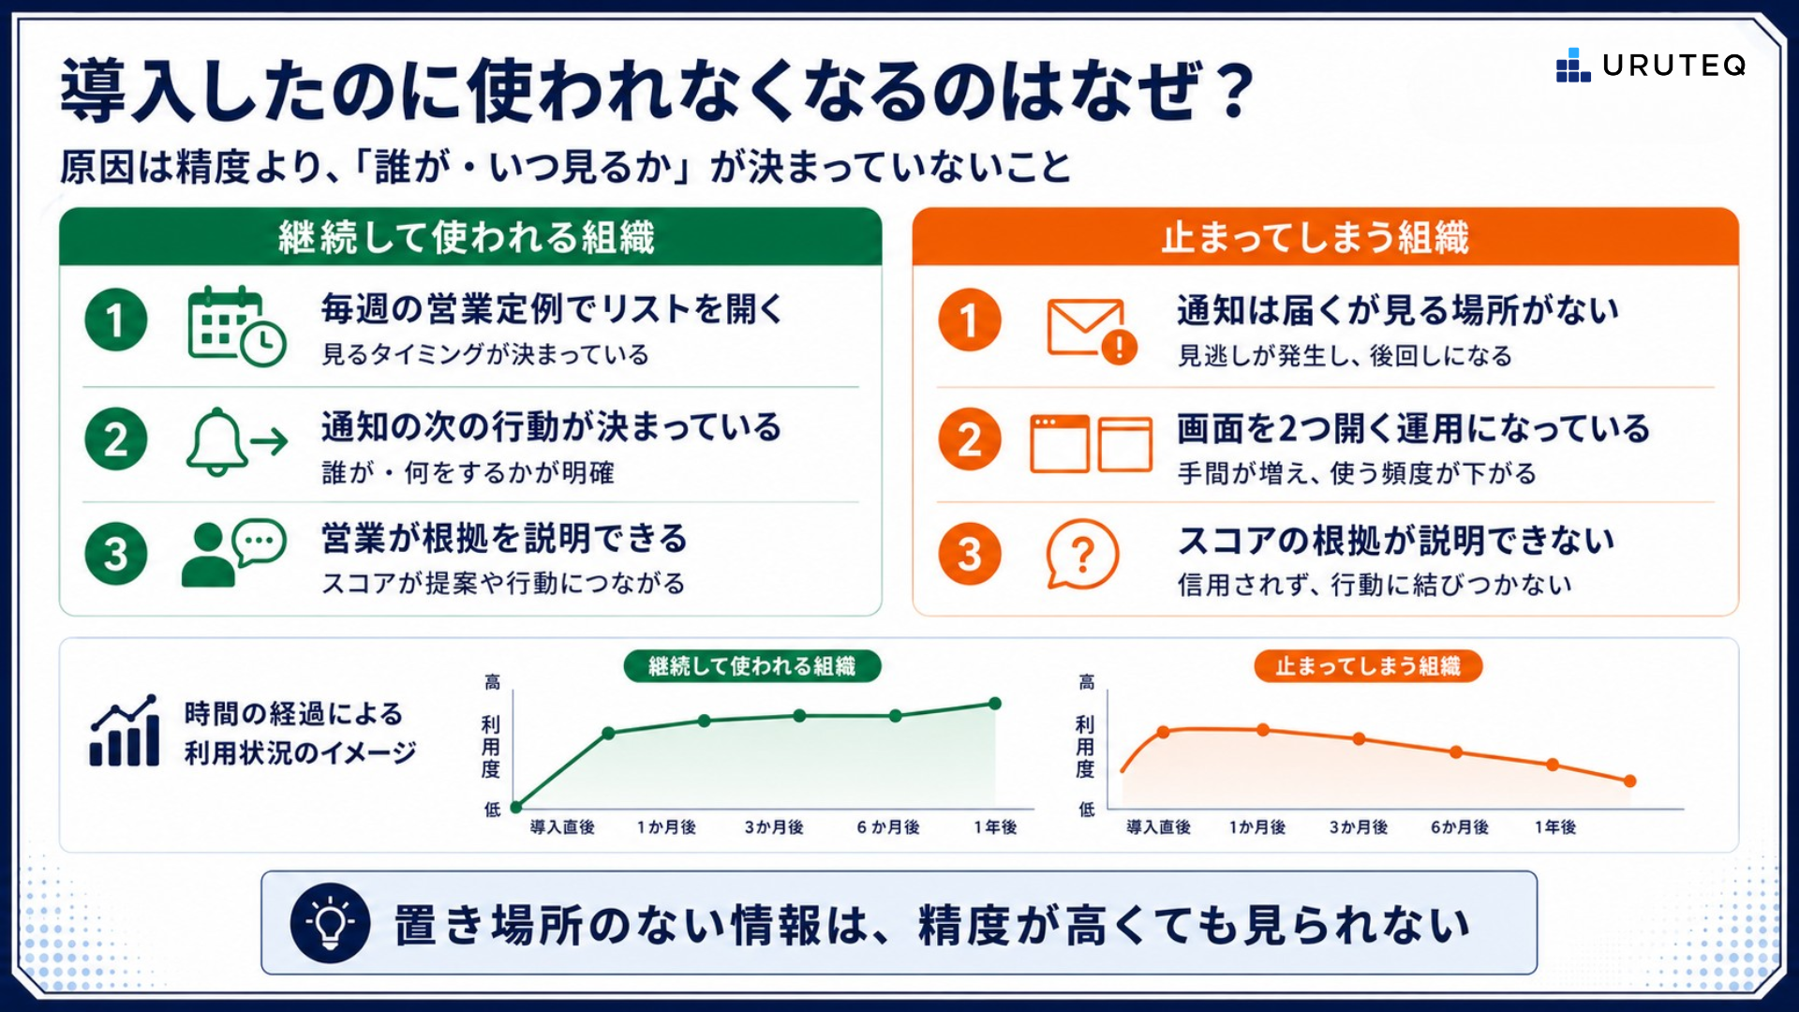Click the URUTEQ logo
pos(1651,65)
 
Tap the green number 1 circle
pos(116,320)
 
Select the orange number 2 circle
pos(970,439)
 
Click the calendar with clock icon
pos(236,325)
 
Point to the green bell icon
pos(217,441)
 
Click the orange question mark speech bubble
pos(1082,554)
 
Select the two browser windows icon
pos(1091,443)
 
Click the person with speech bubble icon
pos(233,553)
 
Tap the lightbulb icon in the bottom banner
pos(330,923)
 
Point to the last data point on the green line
pos(995,704)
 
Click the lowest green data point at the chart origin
pos(515,805)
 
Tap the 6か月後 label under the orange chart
pos(1459,827)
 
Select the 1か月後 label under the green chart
pos(666,827)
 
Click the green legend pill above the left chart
pos(752,666)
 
